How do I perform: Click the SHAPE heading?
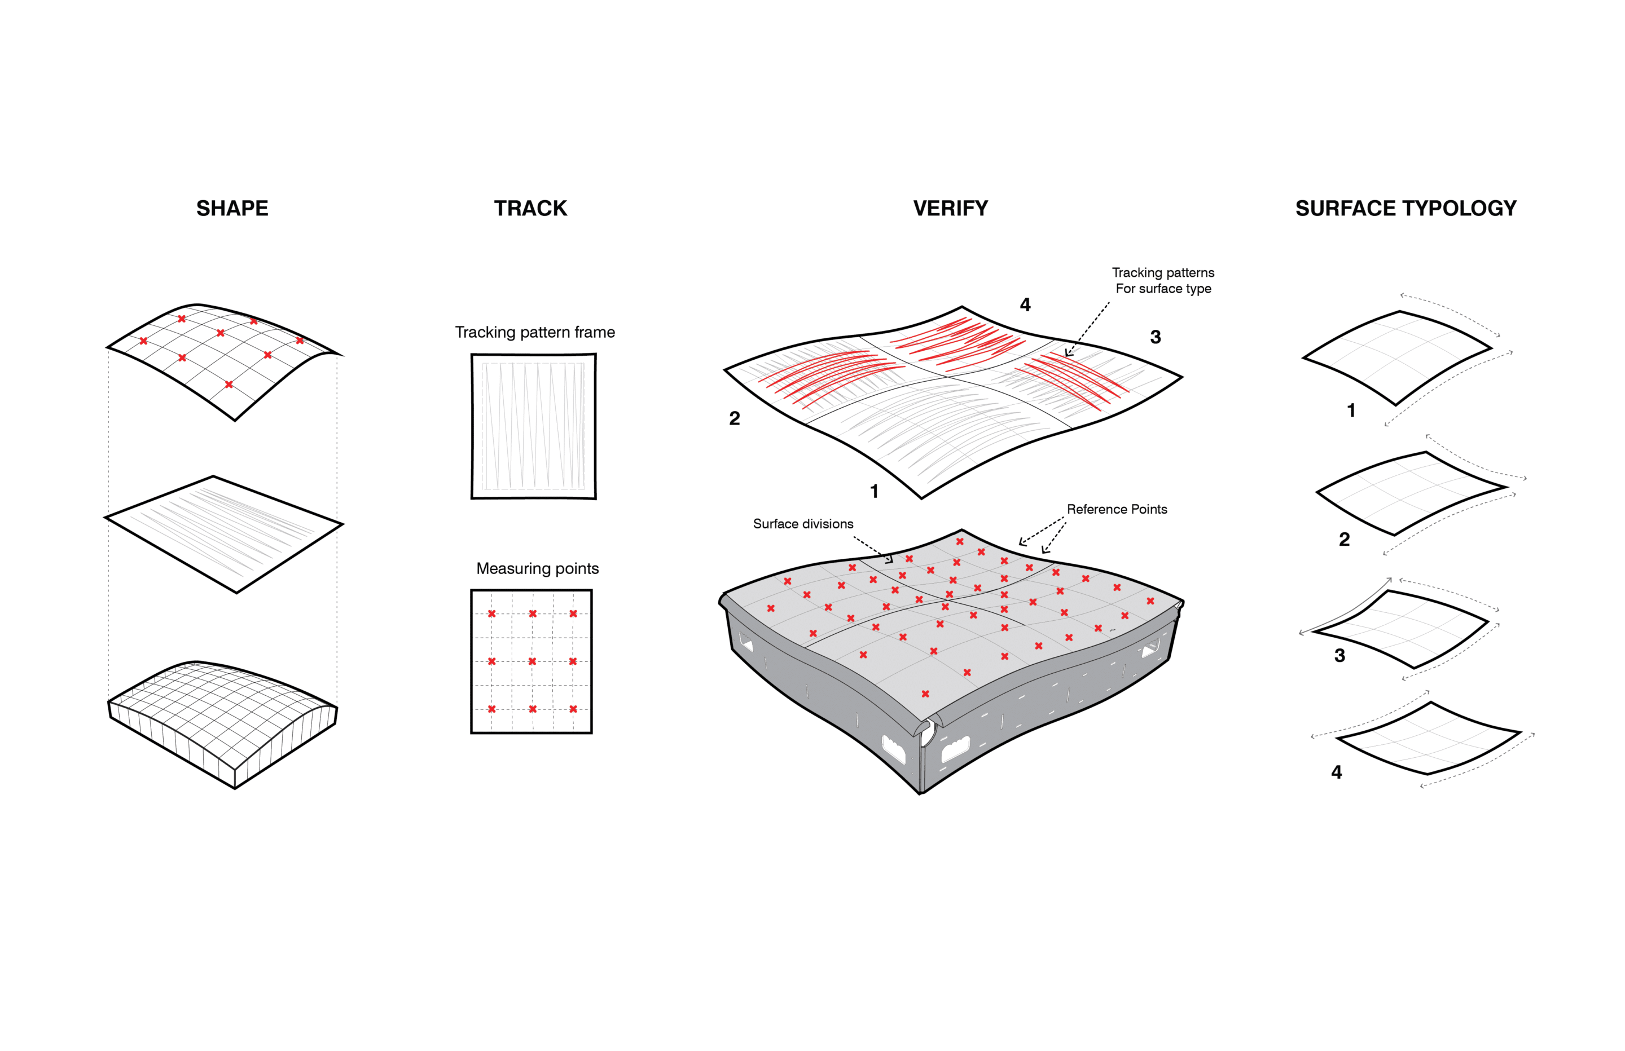(x=232, y=208)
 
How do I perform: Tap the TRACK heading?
(x=530, y=208)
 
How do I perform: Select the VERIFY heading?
(x=950, y=208)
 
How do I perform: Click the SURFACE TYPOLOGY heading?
(x=1406, y=208)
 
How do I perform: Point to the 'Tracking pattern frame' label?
(x=534, y=332)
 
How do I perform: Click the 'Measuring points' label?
(x=537, y=568)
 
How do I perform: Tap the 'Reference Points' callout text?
(x=1117, y=509)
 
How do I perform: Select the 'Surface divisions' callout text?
(x=803, y=523)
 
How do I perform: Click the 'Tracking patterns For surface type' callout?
(x=1163, y=280)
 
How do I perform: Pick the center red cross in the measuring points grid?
(x=532, y=661)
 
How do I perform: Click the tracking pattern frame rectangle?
(x=533, y=426)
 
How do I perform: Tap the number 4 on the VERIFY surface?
(x=1025, y=304)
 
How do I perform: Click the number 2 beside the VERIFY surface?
(x=734, y=418)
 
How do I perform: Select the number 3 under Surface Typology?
(x=1339, y=656)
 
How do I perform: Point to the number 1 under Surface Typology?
(x=1351, y=410)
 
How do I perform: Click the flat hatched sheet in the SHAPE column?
(x=224, y=535)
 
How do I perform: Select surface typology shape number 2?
(x=1411, y=493)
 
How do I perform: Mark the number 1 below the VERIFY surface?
(x=874, y=491)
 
